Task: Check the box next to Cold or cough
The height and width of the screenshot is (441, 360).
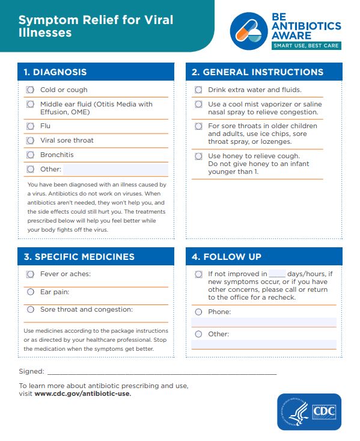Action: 30,90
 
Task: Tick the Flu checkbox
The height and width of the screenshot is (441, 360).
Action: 30,126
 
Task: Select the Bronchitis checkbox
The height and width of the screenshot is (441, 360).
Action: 30,155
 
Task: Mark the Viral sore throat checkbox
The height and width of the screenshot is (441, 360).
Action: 30,140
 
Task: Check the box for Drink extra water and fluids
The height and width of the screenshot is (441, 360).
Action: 198,90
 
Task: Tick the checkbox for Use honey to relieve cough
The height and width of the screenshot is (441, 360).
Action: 198,156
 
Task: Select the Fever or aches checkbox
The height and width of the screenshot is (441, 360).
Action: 30,274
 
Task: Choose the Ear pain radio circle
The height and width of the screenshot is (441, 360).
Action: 30,292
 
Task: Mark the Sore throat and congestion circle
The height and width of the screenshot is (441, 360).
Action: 30,309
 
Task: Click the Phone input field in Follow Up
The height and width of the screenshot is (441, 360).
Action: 264,322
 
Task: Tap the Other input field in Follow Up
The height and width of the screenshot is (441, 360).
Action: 264,344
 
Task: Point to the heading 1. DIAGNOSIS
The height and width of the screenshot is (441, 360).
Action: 55,72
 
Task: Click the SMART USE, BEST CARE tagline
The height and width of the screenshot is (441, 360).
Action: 306,46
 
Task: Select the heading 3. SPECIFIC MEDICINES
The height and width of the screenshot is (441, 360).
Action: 79,257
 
